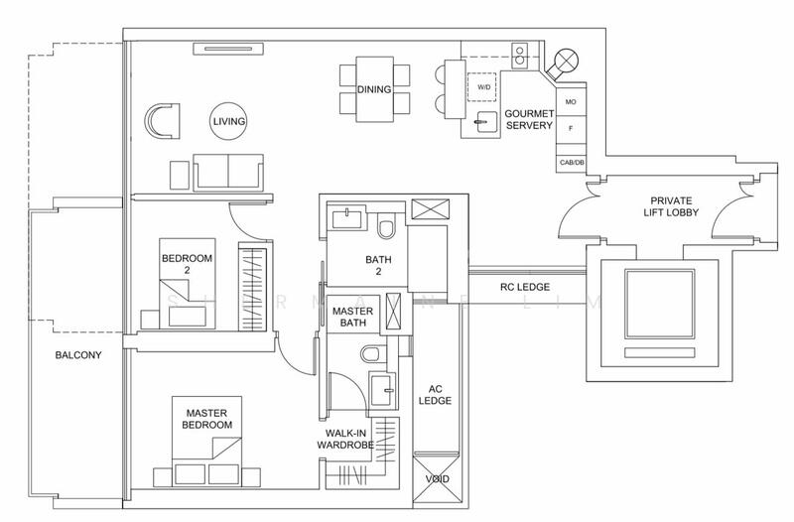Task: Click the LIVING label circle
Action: pyautogui.click(x=228, y=121)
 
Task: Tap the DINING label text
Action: pyautogui.click(x=373, y=90)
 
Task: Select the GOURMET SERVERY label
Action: pyautogui.click(x=528, y=120)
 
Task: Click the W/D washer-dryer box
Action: pyautogui.click(x=484, y=87)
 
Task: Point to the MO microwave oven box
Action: pyautogui.click(x=571, y=102)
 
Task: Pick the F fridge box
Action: pyautogui.click(x=571, y=129)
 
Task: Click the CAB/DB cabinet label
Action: pyautogui.click(x=571, y=162)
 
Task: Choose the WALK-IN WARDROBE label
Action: pyautogui.click(x=345, y=440)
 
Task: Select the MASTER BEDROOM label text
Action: pyautogui.click(x=206, y=418)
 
